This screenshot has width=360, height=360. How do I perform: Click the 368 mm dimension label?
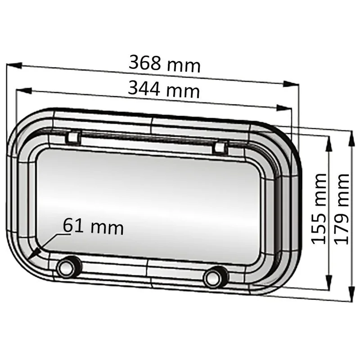[x=164, y=63]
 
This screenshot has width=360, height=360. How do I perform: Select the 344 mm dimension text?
[x=164, y=89]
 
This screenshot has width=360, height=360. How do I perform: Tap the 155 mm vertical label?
[x=319, y=209]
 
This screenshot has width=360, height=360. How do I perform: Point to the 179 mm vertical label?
[x=342, y=209]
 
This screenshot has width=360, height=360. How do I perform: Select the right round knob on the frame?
[x=216, y=277]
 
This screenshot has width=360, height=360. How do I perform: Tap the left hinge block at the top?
[x=73, y=138]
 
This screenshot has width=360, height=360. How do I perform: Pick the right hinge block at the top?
[x=220, y=148]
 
